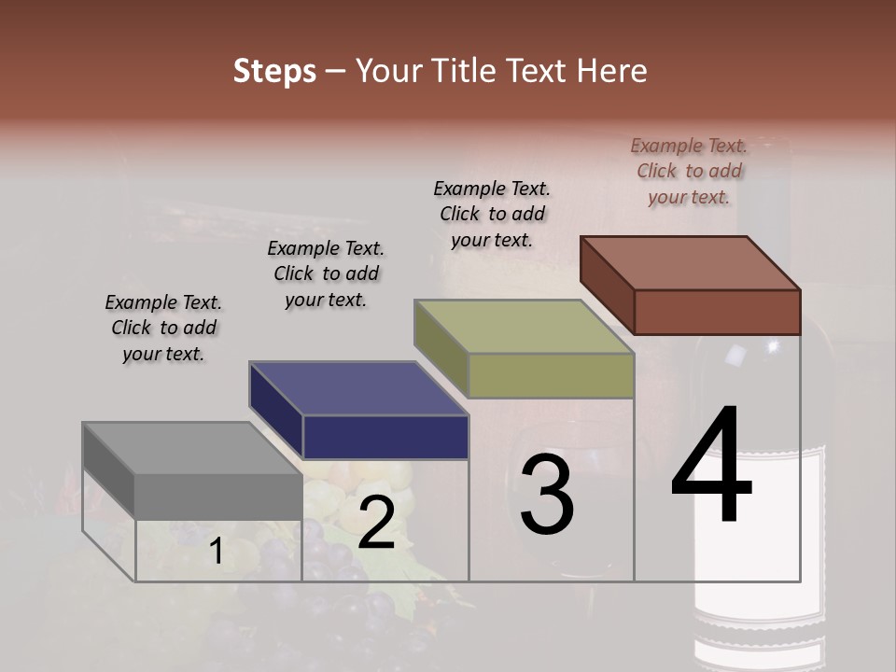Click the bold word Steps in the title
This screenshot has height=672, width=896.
[274, 71]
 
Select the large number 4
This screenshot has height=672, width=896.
[711, 467]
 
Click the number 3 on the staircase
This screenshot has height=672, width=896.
[547, 495]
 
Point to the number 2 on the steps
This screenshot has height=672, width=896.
[377, 523]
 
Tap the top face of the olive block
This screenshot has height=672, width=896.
[524, 327]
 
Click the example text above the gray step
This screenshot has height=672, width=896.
[163, 329]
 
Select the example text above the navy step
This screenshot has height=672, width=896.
[326, 274]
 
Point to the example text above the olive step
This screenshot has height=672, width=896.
[492, 214]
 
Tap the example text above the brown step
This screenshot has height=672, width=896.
[689, 171]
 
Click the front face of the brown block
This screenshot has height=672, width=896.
[717, 312]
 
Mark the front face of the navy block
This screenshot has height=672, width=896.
[385, 437]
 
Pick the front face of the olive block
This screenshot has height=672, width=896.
[551, 375]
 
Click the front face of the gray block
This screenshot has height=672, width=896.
[218, 496]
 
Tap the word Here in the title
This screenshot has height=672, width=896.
[613, 71]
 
